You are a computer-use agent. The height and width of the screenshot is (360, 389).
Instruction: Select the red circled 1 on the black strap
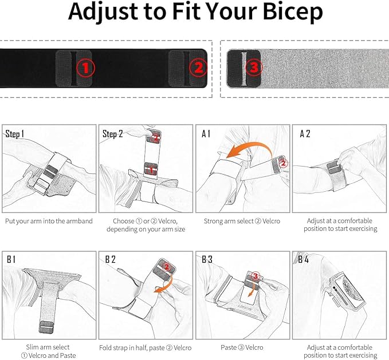tap(85, 69)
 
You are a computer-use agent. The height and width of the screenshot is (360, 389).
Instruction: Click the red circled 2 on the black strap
tap(197, 69)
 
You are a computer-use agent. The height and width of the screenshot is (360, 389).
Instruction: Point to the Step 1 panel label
tap(15, 134)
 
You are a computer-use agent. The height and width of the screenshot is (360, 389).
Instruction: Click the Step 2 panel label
tap(113, 134)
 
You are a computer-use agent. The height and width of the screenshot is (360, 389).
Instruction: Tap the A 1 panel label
tap(206, 134)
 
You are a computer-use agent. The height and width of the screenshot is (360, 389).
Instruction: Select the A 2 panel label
tap(305, 134)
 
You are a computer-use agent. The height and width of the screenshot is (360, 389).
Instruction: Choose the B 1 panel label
tap(12, 259)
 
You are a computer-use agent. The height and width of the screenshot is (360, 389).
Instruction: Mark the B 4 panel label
tap(304, 259)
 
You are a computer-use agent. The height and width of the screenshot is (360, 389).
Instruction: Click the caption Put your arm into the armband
tap(49, 221)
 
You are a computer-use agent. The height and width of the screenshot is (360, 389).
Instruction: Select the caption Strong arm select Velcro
tap(242, 221)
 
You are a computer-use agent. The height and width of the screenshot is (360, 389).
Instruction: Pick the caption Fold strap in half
tap(146, 347)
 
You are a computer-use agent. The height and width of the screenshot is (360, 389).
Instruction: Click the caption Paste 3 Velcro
tap(242, 347)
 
